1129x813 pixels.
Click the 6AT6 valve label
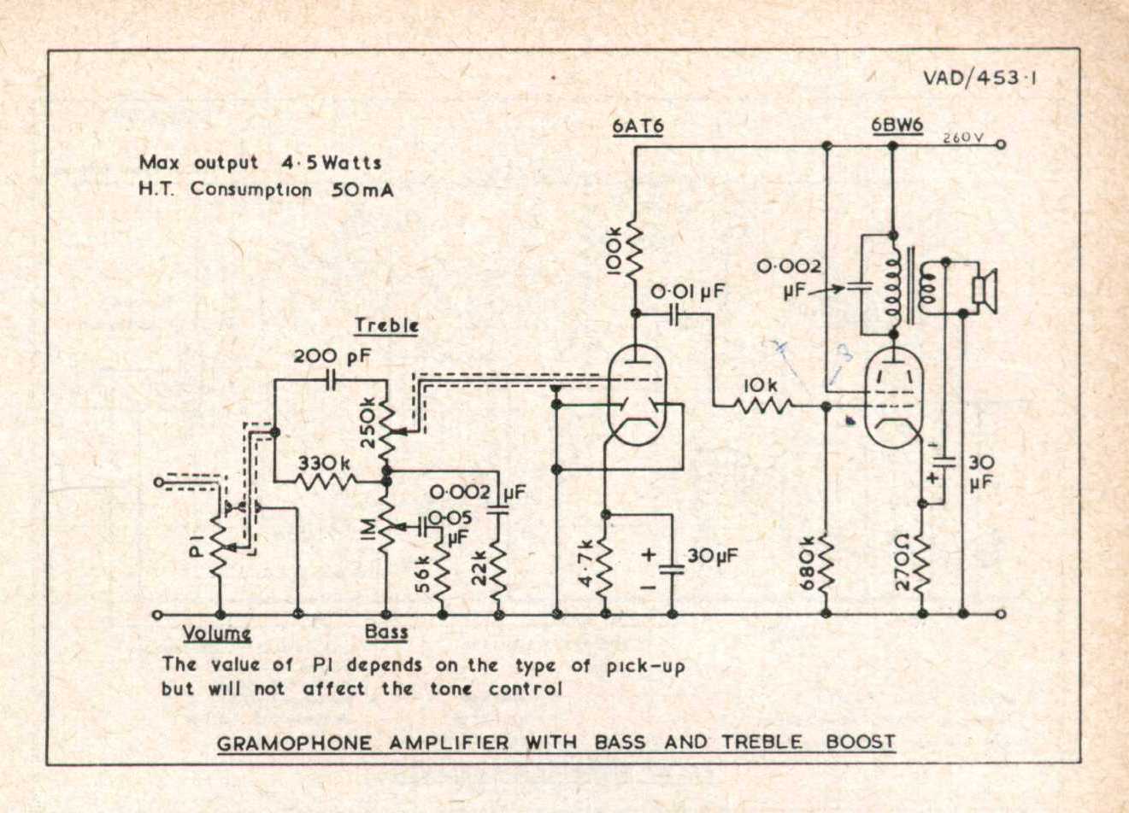coord(638,127)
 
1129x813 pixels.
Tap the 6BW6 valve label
coord(897,126)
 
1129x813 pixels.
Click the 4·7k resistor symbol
coord(606,564)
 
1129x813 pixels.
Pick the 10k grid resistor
coord(762,405)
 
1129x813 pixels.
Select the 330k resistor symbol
coord(325,482)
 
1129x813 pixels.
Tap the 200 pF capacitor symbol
coord(331,381)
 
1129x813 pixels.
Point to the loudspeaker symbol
coord(985,290)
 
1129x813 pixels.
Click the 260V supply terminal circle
coord(1001,145)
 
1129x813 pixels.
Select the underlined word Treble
coord(386,325)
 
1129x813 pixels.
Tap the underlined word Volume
coord(217,633)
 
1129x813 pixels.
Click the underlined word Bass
coord(386,632)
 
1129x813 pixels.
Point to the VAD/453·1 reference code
coord(979,78)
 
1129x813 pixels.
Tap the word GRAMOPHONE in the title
coord(294,743)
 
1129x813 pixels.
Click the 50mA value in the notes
coord(362,190)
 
